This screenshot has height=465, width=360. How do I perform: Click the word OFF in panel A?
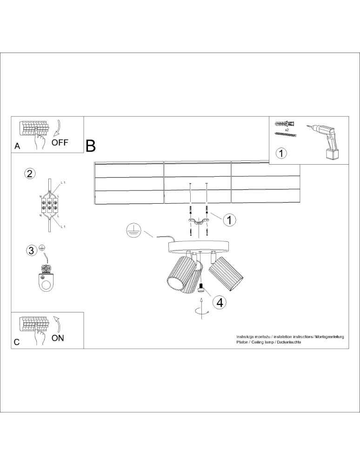[60, 143]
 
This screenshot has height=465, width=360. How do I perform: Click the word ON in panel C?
[58, 338]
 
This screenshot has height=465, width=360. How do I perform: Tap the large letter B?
[91, 146]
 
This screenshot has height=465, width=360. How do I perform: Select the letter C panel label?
[17, 342]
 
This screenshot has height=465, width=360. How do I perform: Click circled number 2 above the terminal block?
[29, 174]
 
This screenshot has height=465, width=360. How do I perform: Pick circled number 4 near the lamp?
[220, 302]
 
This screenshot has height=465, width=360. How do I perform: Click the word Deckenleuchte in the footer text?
[289, 342]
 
